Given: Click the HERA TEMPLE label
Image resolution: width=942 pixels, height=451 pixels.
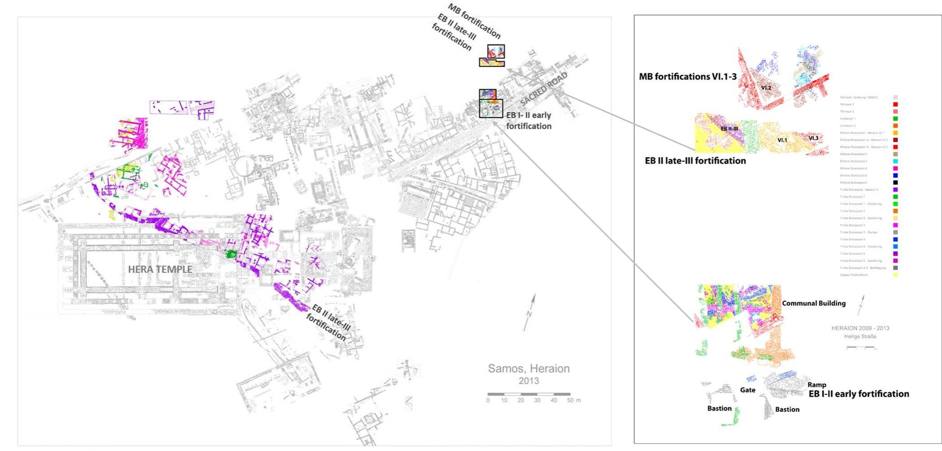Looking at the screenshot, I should (160, 269).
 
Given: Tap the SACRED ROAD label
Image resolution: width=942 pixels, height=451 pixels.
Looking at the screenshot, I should (544, 89).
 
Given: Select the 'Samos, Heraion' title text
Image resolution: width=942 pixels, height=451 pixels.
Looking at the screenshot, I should (528, 369).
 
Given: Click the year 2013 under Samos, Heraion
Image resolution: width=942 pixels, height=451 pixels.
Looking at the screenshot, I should (529, 381).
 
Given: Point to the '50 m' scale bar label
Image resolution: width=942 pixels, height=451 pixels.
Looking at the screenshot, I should (574, 400).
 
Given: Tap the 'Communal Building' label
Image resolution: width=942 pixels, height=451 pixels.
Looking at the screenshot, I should (813, 303).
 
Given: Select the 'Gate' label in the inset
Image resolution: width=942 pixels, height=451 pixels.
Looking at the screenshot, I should (748, 390).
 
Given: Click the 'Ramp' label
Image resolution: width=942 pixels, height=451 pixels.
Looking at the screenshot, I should (817, 385).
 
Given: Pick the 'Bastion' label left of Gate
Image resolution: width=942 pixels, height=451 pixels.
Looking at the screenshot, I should (719, 408).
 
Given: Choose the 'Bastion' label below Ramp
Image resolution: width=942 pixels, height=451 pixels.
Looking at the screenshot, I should (787, 409).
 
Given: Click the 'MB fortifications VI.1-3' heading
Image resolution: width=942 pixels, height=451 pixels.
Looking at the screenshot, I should (687, 77).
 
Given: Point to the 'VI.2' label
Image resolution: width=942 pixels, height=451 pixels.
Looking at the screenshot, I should (766, 88).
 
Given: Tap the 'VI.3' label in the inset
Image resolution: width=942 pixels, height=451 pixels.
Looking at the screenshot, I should (813, 138).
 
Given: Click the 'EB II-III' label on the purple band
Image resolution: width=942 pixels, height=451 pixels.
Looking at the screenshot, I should (729, 129).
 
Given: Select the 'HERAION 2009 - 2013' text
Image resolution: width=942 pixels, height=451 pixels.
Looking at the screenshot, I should (860, 328).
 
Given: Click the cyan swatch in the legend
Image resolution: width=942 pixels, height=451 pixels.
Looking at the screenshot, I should (895, 161).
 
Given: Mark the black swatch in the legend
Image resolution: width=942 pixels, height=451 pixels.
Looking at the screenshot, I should (895, 183).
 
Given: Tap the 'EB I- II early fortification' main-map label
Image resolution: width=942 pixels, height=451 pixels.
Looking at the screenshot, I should (529, 120).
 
